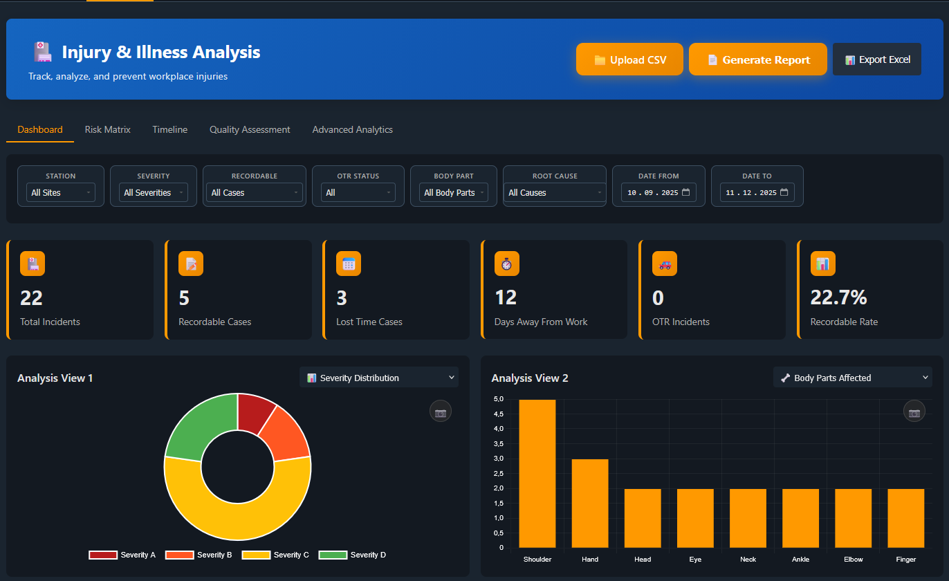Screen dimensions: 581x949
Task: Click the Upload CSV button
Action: tap(629, 59)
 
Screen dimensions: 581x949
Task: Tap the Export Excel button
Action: tap(876, 59)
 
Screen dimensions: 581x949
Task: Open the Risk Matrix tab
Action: tap(107, 129)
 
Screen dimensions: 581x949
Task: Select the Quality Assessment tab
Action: tap(250, 129)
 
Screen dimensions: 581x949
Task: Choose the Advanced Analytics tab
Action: tap(352, 129)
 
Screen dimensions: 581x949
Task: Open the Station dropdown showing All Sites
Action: tap(61, 192)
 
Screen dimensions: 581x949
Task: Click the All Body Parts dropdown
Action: tap(453, 192)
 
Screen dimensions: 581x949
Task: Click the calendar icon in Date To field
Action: tap(784, 192)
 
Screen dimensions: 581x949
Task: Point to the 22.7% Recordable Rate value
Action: tap(838, 297)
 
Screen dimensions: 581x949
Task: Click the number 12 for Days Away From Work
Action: tap(506, 297)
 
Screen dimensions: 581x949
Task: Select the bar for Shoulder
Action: tap(537, 474)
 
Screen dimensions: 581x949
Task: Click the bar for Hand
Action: tap(590, 504)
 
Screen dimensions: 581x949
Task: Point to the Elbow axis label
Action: tap(853, 559)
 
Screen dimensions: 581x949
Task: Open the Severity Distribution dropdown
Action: tap(379, 378)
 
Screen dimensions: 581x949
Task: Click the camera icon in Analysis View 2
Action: tap(914, 412)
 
